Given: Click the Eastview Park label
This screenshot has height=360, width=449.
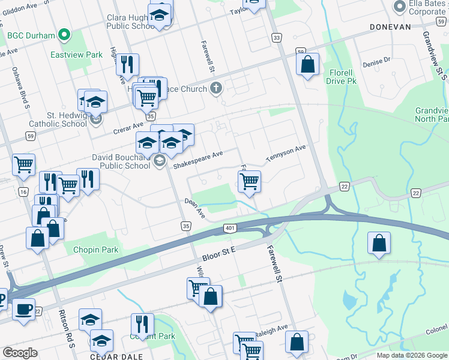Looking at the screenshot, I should [x=77, y=55].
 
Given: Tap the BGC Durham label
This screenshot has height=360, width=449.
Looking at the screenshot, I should [x=31, y=35].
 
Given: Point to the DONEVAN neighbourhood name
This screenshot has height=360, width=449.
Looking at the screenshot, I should [x=390, y=27].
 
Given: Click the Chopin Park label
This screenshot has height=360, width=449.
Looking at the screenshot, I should [x=96, y=250].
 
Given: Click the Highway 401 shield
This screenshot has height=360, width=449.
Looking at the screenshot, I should [x=231, y=228].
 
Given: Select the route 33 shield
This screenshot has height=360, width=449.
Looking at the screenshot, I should [x=276, y=38].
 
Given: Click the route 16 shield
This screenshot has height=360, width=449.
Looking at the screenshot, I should [x=23, y=192].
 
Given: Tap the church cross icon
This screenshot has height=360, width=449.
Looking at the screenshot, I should [x=217, y=89].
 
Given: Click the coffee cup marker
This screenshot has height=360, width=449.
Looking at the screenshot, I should [x=23, y=310].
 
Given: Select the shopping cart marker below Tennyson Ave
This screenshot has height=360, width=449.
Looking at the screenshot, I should [x=249, y=181].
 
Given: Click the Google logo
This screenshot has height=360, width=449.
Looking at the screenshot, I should [x=20, y=353].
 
